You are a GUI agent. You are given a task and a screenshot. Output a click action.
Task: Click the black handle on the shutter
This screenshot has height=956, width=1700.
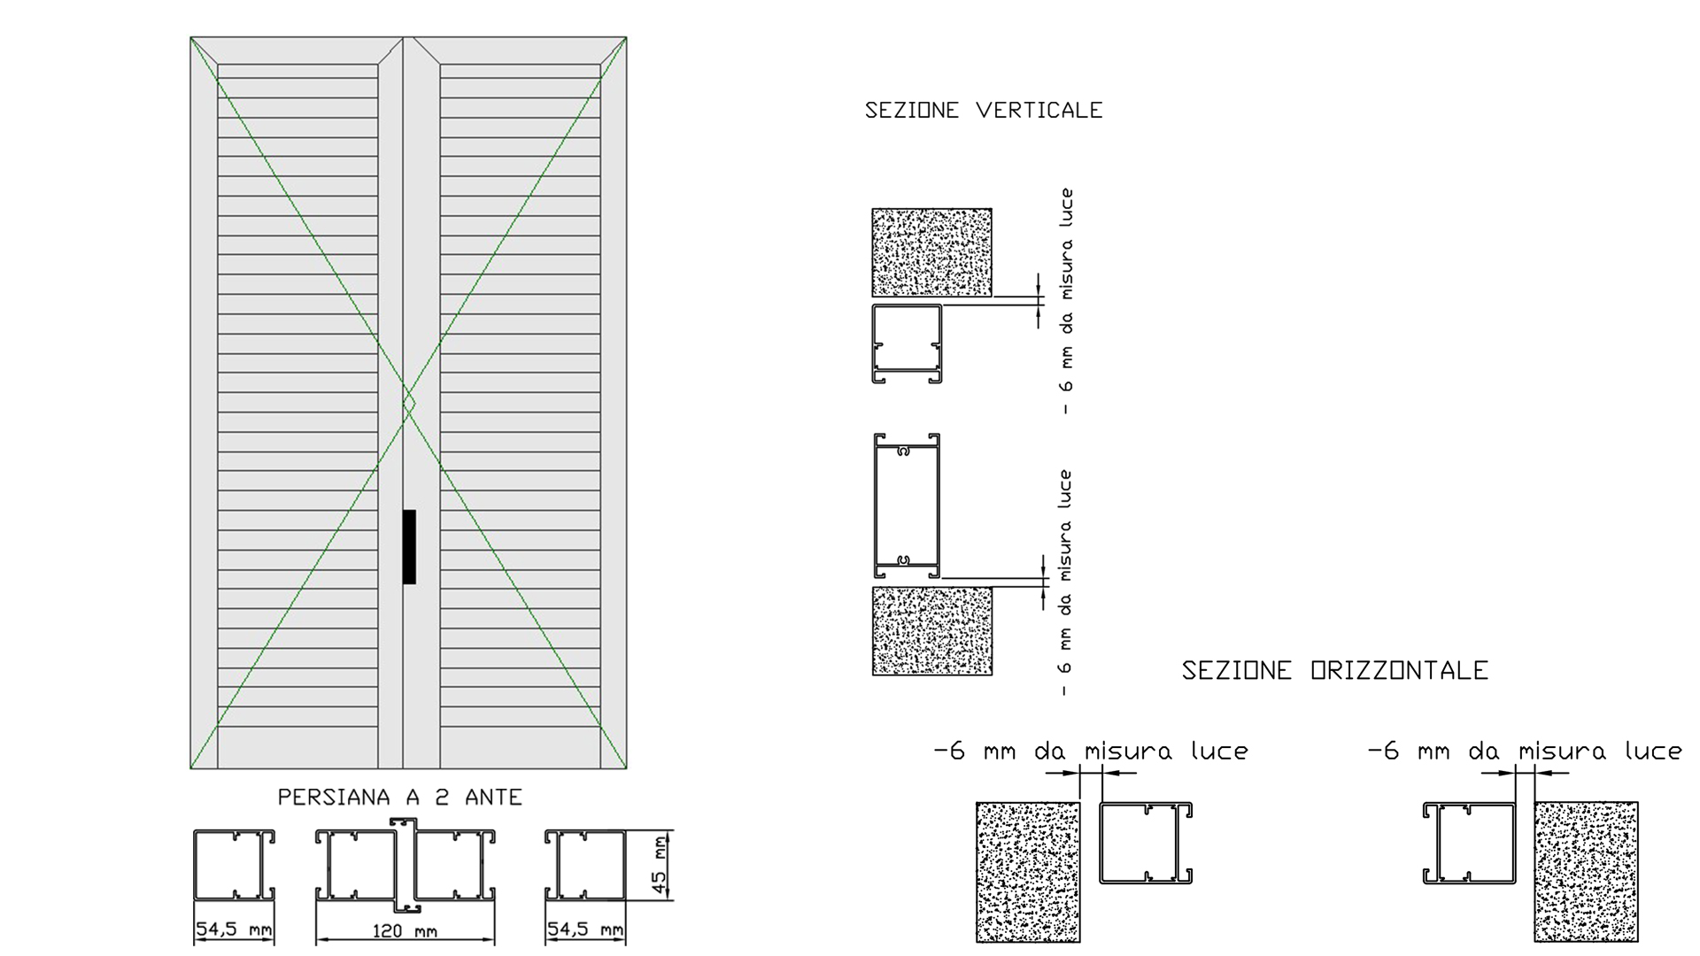click(409, 547)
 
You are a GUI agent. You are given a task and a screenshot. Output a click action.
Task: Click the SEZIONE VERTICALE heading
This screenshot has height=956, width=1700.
click(984, 111)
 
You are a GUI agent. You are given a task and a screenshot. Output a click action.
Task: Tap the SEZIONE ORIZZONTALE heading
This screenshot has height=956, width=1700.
click(1335, 671)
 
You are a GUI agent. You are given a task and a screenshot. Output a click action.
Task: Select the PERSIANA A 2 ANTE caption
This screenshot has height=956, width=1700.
click(400, 798)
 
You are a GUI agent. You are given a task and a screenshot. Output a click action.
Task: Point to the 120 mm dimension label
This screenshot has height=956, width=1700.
click(405, 931)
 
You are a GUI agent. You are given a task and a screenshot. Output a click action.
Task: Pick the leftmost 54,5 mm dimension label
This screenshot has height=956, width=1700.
click(234, 929)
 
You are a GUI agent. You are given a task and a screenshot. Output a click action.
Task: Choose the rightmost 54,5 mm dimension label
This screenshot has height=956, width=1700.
click(585, 929)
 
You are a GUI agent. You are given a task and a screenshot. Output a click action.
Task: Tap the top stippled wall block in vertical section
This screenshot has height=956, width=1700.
click(931, 252)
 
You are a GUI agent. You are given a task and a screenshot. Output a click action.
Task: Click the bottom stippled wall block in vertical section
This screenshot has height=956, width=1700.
click(932, 631)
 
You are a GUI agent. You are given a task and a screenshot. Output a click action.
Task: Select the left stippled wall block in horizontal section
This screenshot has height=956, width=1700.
click(1028, 872)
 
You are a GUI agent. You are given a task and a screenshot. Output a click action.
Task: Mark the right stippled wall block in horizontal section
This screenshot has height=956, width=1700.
click(1586, 872)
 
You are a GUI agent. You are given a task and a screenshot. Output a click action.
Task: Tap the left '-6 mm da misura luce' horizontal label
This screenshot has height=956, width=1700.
click(1091, 752)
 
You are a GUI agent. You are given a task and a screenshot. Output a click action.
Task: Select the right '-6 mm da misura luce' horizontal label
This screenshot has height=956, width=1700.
click(1525, 752)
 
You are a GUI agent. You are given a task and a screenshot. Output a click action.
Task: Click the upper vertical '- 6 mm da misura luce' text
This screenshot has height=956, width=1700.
click(1066, 301)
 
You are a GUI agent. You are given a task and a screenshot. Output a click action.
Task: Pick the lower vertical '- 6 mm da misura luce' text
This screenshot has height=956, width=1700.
click(1065, 582)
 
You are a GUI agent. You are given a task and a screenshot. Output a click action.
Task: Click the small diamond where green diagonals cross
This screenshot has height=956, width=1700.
click(409, 405)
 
